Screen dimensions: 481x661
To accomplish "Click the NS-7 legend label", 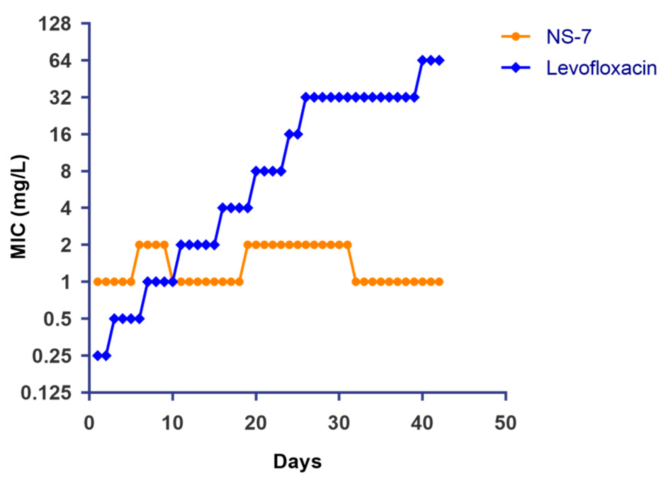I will [x=568, y=37].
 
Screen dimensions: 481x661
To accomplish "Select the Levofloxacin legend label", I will [x=601, y=68].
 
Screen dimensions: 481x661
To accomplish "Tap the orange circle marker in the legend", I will [x=515, y=37].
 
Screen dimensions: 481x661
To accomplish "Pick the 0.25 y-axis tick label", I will [x=52, y=356].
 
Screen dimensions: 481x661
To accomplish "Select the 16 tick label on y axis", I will [x=61, y=134].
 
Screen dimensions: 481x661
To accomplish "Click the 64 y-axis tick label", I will [x=61, y=61].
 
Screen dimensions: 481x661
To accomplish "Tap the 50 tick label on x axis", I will [x=505, y=423].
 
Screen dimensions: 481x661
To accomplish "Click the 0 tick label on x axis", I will [x=89, y=423].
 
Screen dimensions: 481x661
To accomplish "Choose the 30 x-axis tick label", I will [x=339, y=423].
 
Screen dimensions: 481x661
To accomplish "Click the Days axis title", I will [x=297, y=461].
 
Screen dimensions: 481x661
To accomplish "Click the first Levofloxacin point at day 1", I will [x=98, y=356].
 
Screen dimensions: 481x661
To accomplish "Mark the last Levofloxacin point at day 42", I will [x=439, y=60].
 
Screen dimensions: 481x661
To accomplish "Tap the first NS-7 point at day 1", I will [x=98, y=282].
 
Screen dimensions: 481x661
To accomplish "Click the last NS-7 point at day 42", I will [x=439, y=282].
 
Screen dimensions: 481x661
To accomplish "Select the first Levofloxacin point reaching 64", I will [x=422, y=60].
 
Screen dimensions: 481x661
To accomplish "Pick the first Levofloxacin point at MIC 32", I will [x=306, y=97].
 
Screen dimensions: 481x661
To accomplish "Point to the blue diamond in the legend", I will [x=515, y=68].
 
